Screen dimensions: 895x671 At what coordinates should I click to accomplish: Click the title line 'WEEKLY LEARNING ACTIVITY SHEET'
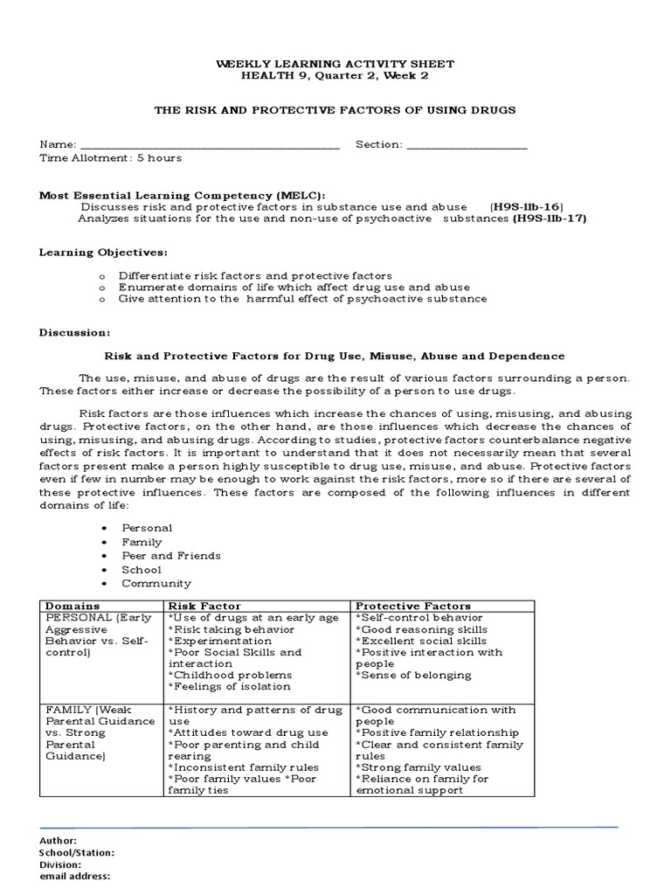pos(335,65)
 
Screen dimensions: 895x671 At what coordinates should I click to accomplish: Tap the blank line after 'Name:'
pos(209,146)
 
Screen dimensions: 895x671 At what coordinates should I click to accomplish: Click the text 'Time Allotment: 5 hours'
pos(110,158)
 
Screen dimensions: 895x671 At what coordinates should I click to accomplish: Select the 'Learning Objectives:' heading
pos(103,253)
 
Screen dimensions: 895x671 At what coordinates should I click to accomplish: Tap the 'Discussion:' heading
pos(75,333)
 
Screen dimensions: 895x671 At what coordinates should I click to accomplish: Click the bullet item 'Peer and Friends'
pos(170,556)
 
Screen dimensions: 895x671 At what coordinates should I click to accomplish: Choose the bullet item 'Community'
pos(156,584)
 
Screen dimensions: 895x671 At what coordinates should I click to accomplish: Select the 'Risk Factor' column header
pos(204,606)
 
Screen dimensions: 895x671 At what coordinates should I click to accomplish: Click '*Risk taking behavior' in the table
pos(231,629)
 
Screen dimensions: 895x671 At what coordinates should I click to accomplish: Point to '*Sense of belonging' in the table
pos(413,675)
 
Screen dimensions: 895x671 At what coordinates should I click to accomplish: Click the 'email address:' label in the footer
pos(74,877)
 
